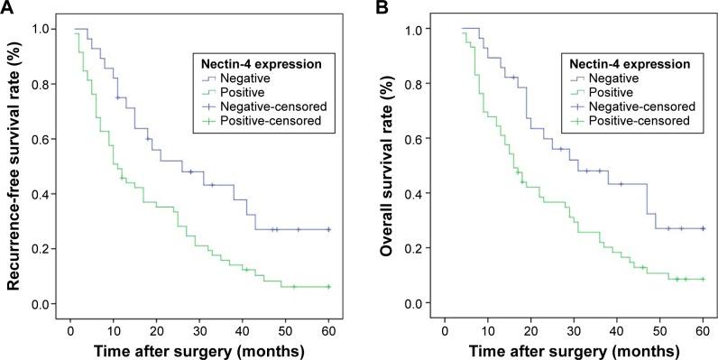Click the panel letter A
click(x=7, y=8)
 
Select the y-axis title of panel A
click(x=15, y=171)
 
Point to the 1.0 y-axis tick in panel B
click(x=412, y=29)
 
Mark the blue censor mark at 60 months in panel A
click(x=328, y=229)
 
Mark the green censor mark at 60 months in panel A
click(x=328, y=287)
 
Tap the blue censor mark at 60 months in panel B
click(x=702, y=228)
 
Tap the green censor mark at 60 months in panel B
click(x=702, y=279)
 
